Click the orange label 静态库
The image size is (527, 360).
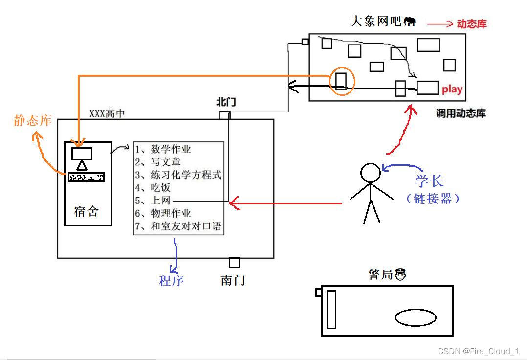pyautogui.click(x=33, y=120)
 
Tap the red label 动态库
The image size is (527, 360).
pyautogui.click(x=472, y=23)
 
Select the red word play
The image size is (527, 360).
pyautogui.click(x=452, y=89)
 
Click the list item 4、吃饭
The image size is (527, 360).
pyautogui.click(x=153, y=187)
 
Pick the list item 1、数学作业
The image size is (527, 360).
pyautogui.click(x=163, y=149)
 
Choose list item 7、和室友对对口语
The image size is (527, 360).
pyautogui.click(x=178, y=226)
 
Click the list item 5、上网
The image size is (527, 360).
pyautogui.click(x=153, y=201)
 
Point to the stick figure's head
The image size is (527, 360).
pyautogui.click(x=371, y=173)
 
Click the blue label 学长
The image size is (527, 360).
pyautogui.click(x=429, y=181)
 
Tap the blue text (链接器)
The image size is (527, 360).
pyautogui.click(x=433, y=198)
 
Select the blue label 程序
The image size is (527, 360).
pyautogui.click(x=171, y=280)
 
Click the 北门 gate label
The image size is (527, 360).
pyautogui.click(x=226, y=102)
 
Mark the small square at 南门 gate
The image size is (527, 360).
pyautogui.click(x=234, y=263)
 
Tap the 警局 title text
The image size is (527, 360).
pyautogui.click(x=381, y=274)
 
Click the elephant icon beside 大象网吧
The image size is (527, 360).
pyautogui.click(x=410, y=22)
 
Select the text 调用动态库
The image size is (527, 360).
pyautogui.click(x=461, y=113)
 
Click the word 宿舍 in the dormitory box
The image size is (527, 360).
pyautogui.click(x=86, y=211)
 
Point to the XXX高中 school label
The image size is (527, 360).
pyautogui.click(x=107, y=113)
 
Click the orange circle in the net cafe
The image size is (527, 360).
pyautogui.click(x=341, y=81)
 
